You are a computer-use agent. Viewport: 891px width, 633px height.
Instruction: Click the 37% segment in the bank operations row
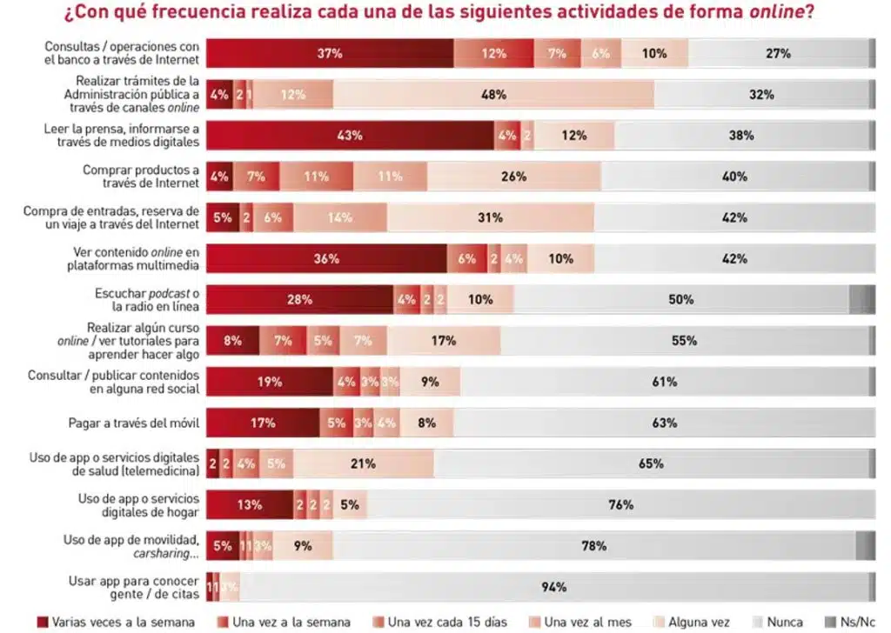(x=330, y=53)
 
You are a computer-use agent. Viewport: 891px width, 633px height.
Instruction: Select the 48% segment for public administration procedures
(x=494, y=95)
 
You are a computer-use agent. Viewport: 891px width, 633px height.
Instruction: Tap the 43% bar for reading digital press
(x=351, y=136)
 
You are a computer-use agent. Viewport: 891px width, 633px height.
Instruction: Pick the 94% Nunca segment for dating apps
(x=553, y=587)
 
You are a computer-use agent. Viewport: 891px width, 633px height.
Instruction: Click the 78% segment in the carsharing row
(x=593, y=546)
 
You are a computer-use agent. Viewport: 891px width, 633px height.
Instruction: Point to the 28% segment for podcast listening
(x=299, y=299)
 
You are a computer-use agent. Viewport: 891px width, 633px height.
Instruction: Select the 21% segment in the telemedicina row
(x=363, y=463)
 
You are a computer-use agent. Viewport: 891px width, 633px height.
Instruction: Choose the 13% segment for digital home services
(x=250, y=504)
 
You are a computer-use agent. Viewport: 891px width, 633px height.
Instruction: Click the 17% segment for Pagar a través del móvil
(x=263, y=423)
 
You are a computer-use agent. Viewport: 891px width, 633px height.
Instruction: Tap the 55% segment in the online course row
(x=684, y=341)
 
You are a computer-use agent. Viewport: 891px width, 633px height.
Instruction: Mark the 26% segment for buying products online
(x=513, y=177)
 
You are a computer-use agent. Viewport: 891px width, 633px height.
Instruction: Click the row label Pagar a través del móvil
(x=134, y=423)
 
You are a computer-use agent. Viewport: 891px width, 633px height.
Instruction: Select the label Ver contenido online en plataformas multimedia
(x=131, y=258)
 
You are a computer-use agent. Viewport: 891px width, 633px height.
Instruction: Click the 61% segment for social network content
(x=665, y=382)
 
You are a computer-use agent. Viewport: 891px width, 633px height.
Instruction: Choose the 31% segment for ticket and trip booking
(x=491, y=217)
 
